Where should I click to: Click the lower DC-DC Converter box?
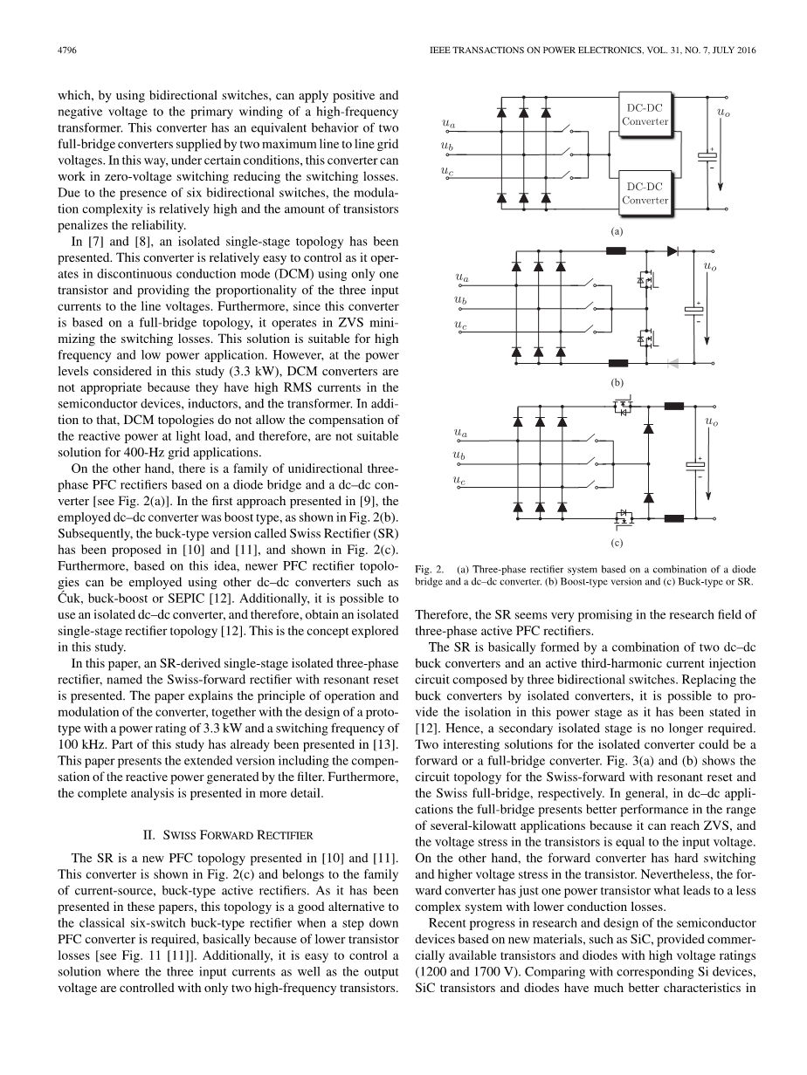point(645,193)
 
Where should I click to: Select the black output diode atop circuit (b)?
point(672,251)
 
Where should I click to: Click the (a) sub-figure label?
point(616,232)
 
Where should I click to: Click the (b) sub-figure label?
point(616,382)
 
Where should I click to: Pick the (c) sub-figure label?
point(616,541)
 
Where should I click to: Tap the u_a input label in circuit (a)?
point(449,127)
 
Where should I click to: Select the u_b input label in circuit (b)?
point(460,301)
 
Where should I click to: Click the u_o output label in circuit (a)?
point(723,112)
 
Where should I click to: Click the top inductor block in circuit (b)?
point(616,251)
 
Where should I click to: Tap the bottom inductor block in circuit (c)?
point(674,520)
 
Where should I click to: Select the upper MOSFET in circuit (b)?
point(647,281)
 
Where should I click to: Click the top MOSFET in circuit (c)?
point(623,407)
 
